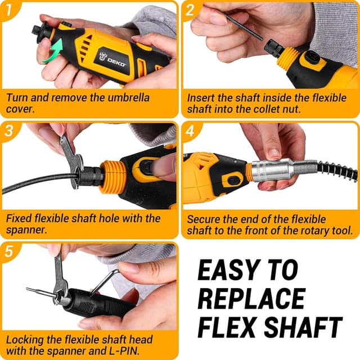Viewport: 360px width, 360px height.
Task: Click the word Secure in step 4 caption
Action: pos(204,218)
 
